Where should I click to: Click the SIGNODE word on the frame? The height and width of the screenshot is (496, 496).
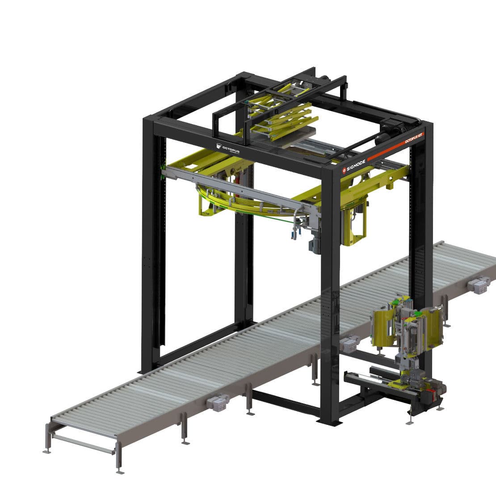pos(356,166)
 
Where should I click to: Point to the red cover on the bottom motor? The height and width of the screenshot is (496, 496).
pos(431,395)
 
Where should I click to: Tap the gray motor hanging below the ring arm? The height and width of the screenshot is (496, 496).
pos(315,244)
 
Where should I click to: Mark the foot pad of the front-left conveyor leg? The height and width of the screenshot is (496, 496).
pos(46,451)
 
